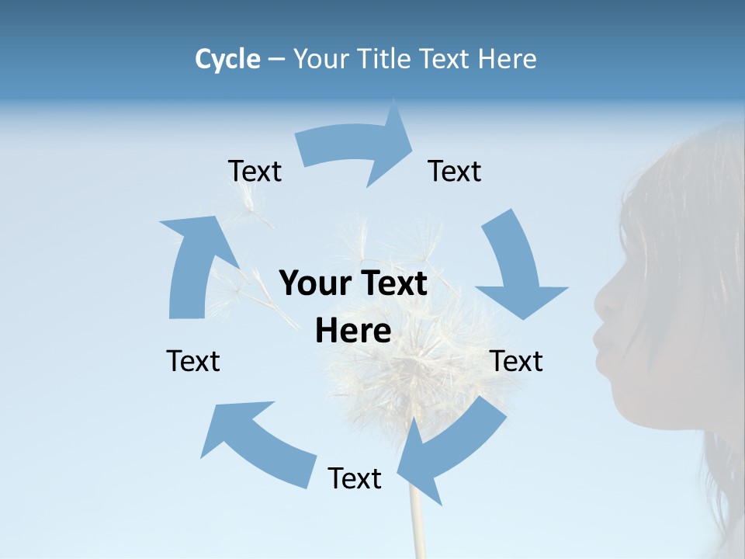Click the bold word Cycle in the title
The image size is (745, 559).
point(227,59)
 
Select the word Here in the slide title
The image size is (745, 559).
point(505,59)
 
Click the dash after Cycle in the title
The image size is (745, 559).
point(276,60)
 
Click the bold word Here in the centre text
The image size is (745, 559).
point(353,332)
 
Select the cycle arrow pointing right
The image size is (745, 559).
point(357,148)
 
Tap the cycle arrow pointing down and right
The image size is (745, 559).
point(516,264)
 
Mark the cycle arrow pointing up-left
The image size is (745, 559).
point(256,443)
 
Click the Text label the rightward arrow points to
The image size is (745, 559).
point(455,171)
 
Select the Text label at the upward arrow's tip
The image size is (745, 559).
point(255,171)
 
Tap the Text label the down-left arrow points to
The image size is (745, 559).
point(355,478)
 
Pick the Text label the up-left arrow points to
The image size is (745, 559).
point(193,361)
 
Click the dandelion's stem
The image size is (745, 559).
point(418,520)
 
